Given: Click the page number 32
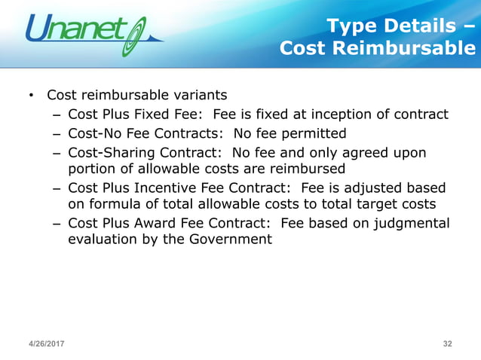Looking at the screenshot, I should point(448,343).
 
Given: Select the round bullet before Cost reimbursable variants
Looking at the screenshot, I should point(31,96).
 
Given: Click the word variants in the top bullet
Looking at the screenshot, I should point(200,96).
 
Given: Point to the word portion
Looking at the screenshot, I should point(91,169).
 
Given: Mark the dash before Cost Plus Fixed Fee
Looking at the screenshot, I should point(57,114).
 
